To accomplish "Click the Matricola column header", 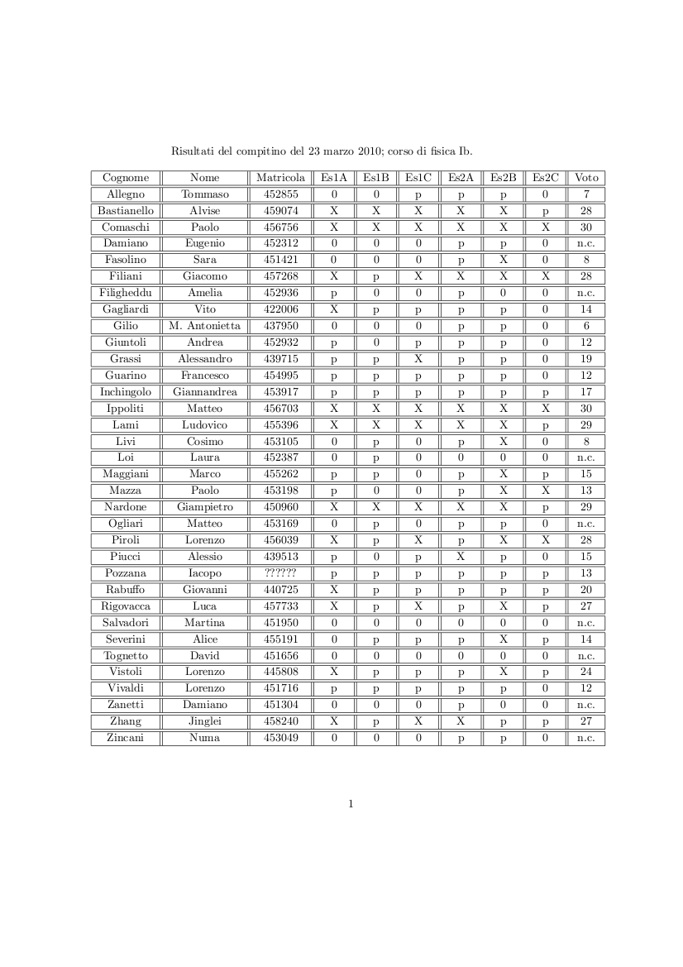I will click(280, 178).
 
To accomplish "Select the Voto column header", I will click(586, 178).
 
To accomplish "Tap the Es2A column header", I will click(461, 178).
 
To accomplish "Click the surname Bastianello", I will click(126, 211).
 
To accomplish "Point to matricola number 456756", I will click(280, 227).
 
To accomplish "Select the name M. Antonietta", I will click(204, 326).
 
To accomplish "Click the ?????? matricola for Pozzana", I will click(280, 573).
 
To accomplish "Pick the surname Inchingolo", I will click(126, 392).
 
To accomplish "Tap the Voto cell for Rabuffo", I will click(586, 590).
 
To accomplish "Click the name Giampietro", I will click(204, 507).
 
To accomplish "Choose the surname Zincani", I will click(126, 738).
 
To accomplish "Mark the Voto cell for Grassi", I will click(586, 359).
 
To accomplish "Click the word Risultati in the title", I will click(191, 151).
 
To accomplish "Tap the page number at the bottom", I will click(351, 803).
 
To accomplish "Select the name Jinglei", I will click(204, 721).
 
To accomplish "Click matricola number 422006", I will click(280, 309).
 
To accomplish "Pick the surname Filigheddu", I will click(126, 293).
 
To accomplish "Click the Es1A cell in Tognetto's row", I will click(334, 656).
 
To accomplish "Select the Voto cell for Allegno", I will click(586, 194).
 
